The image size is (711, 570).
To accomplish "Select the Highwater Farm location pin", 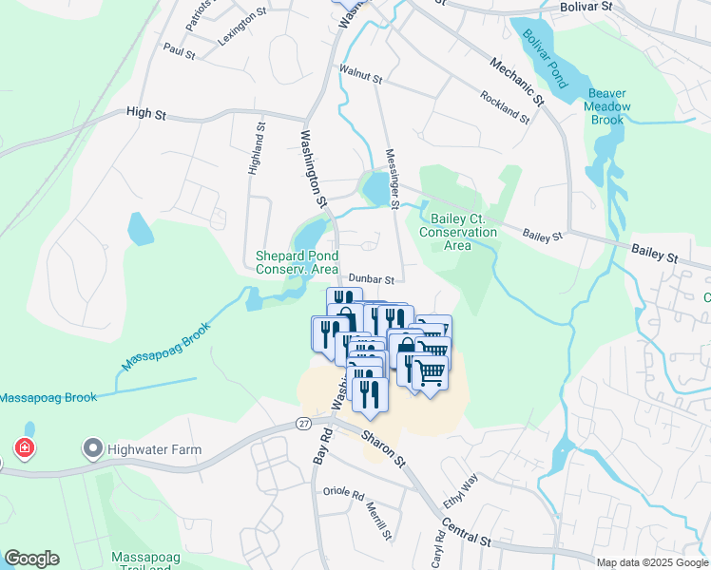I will click(x=92, y=446).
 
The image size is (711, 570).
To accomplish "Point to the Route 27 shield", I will click(x=303, y=423).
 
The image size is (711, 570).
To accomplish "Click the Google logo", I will click(x=31, y=558).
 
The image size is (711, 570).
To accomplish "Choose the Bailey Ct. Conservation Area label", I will click(x=457, y=232).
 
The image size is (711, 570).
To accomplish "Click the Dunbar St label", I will click(x=371, y=278).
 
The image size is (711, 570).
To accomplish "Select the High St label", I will click(x=146, y=114).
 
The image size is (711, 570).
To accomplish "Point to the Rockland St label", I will click(x=504, y=105).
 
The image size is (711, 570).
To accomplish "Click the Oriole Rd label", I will click(x=343, y=495).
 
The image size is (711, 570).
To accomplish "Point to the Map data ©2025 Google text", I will click(x=651, y=562).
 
